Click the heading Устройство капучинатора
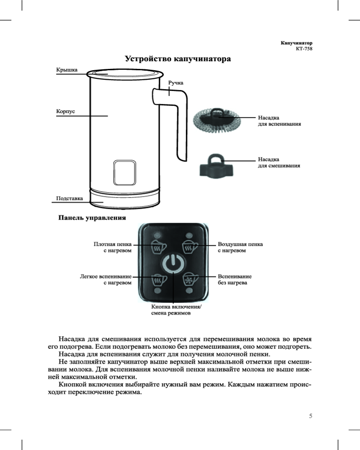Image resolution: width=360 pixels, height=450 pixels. click(x=178, y=59)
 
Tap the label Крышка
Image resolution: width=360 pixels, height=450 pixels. click(x=66, y=70)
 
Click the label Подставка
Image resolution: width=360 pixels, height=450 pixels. click(x=69, y=198)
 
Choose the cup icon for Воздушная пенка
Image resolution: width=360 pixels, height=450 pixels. click(x=189, y=247)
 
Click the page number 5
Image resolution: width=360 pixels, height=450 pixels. click(x=310, y=415)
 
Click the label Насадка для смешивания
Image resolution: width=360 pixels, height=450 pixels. click(x=279, y=162)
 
